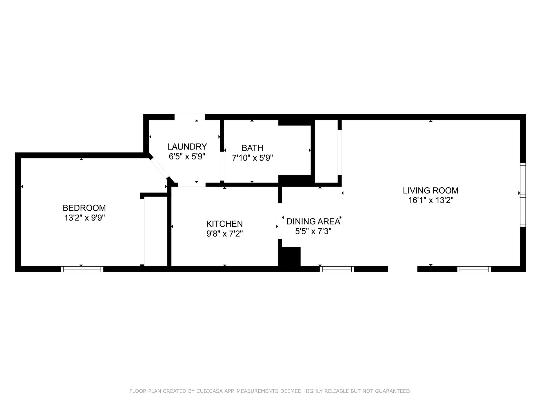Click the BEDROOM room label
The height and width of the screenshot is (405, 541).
pos(84,208)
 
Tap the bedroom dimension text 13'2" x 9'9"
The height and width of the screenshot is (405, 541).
pos(85,218)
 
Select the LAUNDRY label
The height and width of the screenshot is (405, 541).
pos(187,147)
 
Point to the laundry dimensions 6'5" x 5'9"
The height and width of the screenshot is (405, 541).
pos(187,156)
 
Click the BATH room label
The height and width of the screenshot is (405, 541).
pos(252,148)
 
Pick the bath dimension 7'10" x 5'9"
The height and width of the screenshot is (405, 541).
pos(252,158)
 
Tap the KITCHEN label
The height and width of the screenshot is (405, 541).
pos(225,224)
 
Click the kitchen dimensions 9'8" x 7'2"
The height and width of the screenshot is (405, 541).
pos(225,234)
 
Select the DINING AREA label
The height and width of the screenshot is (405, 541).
pos(313,222)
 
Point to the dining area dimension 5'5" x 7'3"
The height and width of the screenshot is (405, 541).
pos(313,231)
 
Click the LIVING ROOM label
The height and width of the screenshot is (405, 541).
pos(431,190)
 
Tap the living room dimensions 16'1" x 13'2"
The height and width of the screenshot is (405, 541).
pos(431,200)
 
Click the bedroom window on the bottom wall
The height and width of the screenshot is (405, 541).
pos(82,269)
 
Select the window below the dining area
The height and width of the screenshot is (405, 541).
pos(337,269)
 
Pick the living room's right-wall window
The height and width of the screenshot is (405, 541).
pos(523,195)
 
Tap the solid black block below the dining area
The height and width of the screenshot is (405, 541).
pos(289,256)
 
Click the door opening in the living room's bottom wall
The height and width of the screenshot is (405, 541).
pos(403,269)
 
